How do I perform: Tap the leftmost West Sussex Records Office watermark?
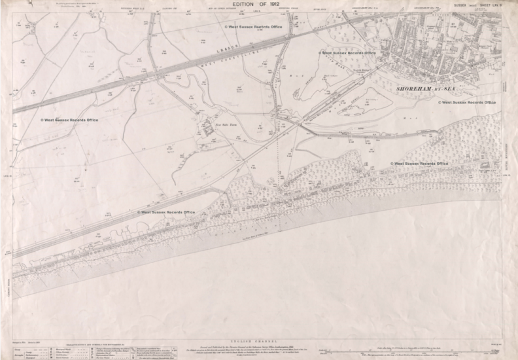[x=69, y=120]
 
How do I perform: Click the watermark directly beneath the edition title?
[x=253, y=27]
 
